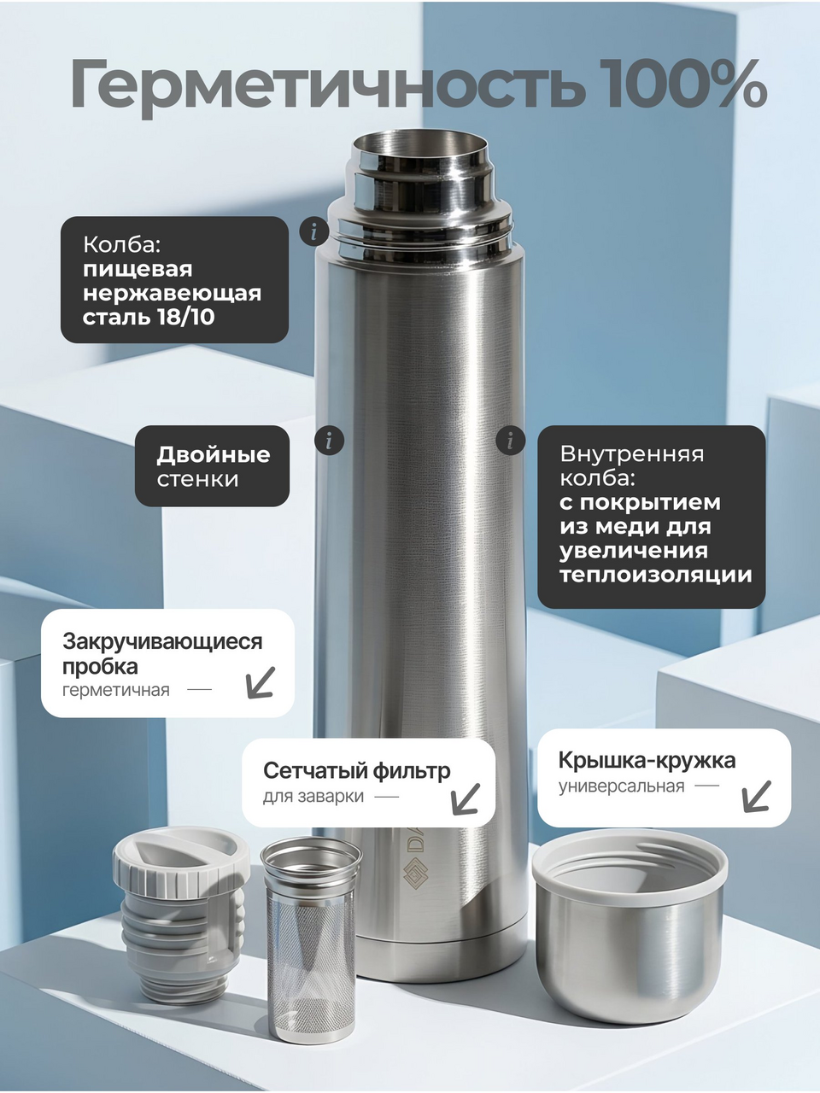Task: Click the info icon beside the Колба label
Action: point(313,231)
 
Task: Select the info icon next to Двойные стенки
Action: point(329,441)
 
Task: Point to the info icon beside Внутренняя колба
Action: point(510,441)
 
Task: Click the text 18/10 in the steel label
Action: point(186,317)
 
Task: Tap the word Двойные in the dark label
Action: point(213,454)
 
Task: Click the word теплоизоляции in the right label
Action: point(655,575)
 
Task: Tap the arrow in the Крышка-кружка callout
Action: point(756,797)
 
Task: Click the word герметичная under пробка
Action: point(116,691)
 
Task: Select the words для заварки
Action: point(313,797)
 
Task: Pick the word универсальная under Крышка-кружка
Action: point(621,786)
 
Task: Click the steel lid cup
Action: point(630,918)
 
